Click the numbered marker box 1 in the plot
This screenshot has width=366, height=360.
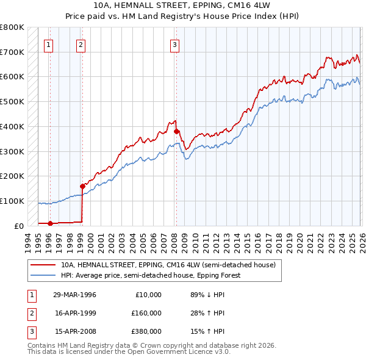pyautogui.click(x=48, y=43)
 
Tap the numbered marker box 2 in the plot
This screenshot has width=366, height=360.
pyautogui.click(x=81, y=43)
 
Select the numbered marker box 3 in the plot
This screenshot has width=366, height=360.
pyautogui.click(x=175, y=43)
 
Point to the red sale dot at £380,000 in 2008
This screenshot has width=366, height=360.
pyautogui.click(x=176, y=131)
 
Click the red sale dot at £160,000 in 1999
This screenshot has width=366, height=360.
pyautogui.click(x=82, y=186)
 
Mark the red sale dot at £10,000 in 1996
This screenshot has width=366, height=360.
pyautogui.click(x=50, y=223)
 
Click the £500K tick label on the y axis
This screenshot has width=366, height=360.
pyautogui.click(x=12, y=101)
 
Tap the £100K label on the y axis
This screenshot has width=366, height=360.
pyautogui.click(x=12, y=201)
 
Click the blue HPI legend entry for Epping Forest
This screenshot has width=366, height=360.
pyautogui.click(x=151, y=275)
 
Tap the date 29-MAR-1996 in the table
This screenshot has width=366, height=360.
pyautogui.click(x=75, y=295)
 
